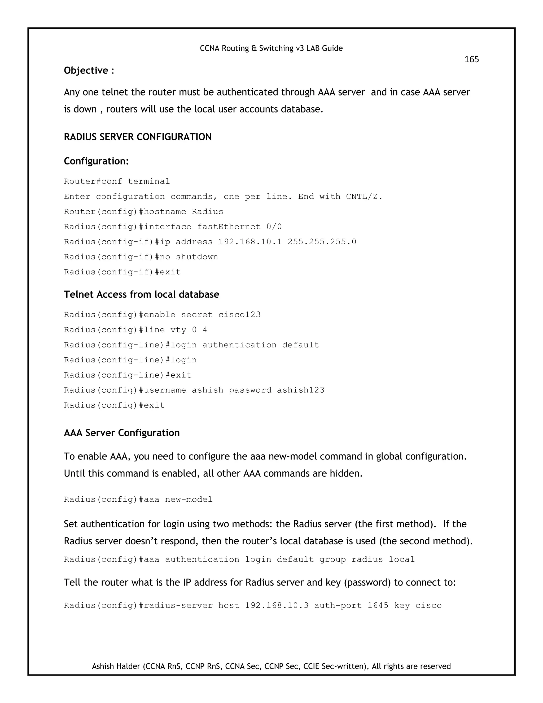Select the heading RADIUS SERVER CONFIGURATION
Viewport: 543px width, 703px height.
[138, 137]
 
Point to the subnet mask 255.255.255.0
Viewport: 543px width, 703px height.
[322, 242]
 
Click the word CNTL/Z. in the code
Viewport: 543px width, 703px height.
[364, 196]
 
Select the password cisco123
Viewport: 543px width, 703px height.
[239, 314]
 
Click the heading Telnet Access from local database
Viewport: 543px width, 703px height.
[142, 294]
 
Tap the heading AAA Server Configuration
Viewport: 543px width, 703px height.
[122, 433]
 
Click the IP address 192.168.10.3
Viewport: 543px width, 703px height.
[277, 605]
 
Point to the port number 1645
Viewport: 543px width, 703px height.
[378, 605]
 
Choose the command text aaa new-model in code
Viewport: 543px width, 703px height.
[189, 500]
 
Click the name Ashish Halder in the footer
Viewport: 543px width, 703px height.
[116, 666]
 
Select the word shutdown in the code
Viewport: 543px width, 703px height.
[197, 257]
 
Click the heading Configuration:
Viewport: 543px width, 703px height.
[96, 161]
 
